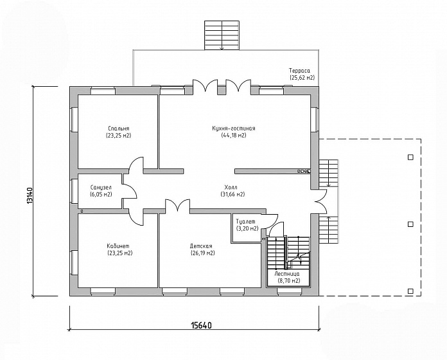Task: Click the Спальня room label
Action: point(119,129)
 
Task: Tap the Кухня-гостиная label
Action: point(234,129)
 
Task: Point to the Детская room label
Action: point(201,246)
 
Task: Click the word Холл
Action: point(231,188)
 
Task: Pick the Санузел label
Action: point(101,188)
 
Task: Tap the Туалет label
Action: point(246,222)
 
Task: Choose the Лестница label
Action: point(287,274)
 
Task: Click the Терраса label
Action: point(299,71)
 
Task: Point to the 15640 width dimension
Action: point(201,325)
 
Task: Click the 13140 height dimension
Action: point(30,195)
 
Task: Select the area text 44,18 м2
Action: point(234,135)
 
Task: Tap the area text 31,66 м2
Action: point(232,195)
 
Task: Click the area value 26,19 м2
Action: point(202,253)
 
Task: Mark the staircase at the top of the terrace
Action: point(222,35)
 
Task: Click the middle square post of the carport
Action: point(410,224)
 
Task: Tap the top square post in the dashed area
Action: point(410,157)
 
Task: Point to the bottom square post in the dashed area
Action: point(410,291)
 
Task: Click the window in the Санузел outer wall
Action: point(74,191)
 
